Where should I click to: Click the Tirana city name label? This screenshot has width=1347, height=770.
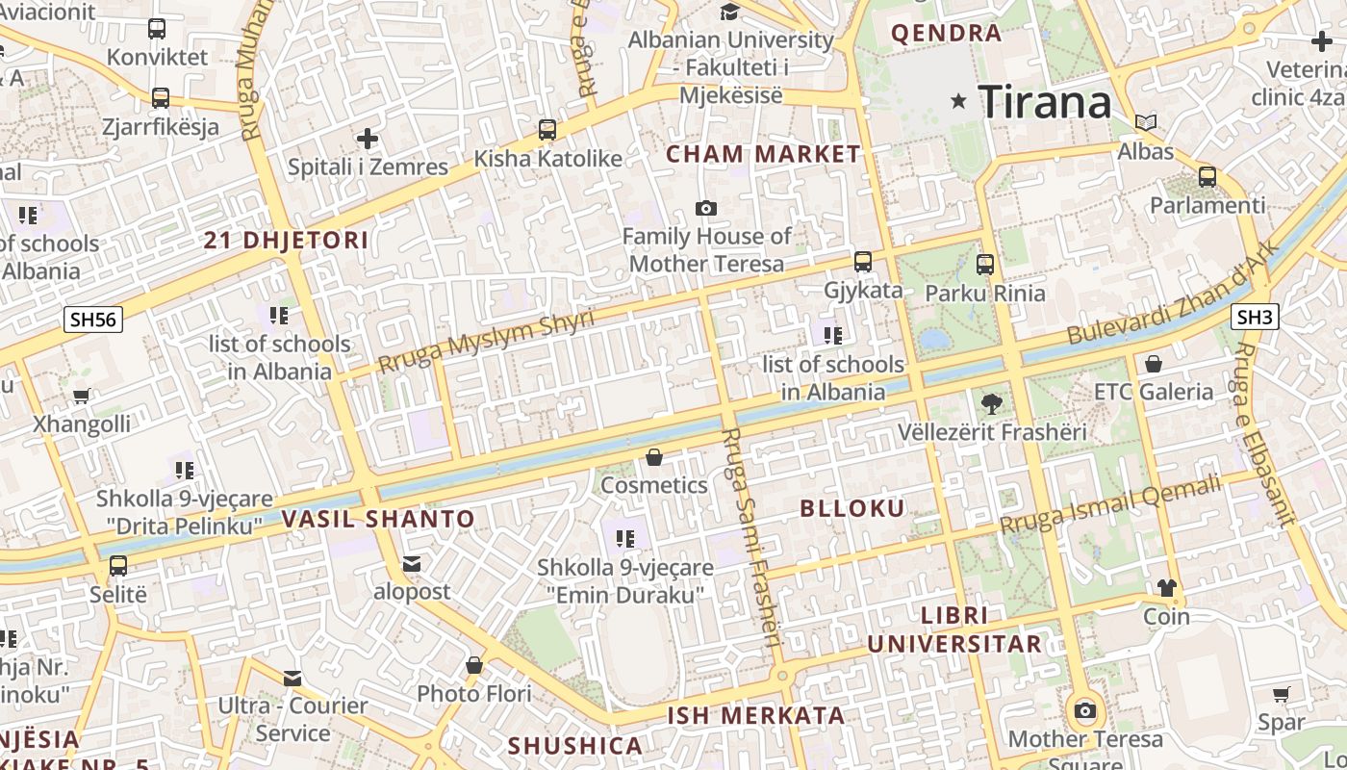[x=1044, y=101]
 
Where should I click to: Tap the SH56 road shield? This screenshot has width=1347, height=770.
[x=93, y=320]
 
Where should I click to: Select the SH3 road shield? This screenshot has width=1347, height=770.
[x=1255, y=317]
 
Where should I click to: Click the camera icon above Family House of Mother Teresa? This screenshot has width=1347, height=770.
[x=706, y=209]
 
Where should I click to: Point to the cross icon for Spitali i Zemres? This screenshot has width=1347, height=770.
[x=368, y=139]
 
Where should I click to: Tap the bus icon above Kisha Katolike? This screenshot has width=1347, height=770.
[x=547, y=129]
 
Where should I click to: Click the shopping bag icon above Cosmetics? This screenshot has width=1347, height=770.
[x=654, y=457]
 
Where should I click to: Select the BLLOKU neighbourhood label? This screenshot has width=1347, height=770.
[x=852, y=509]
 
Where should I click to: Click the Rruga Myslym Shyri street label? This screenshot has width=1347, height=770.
[x=486, y=341]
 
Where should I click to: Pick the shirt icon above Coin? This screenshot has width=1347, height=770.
[x=1167, y=587]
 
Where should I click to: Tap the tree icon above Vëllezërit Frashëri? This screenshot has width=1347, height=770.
[x=991, y=403]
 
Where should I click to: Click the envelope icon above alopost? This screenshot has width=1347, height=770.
[x=412, y=563]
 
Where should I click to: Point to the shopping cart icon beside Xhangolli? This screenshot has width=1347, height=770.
[x=82, y=396]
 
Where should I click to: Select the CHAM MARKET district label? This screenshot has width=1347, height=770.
[x=763, y=154]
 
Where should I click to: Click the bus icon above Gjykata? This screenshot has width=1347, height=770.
[x=863, y=262]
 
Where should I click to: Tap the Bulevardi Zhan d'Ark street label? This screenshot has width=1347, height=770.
[x=1173, y=293]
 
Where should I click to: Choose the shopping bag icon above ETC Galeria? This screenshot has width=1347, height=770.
[x=1154, y=364]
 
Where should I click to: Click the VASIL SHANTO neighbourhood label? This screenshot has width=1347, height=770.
[x=378, y=519]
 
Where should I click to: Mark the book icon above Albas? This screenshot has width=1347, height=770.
[x=1146, y=123]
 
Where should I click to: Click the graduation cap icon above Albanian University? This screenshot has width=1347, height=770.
[x=730, y=12]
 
